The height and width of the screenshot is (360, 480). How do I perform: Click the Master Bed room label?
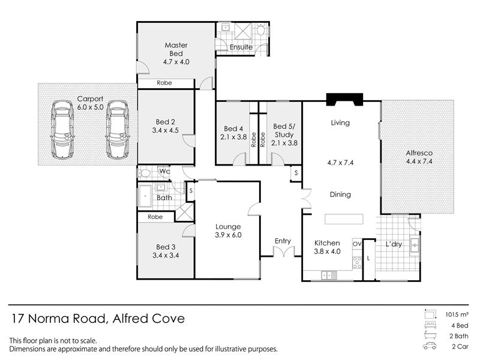click(x=176, y=49)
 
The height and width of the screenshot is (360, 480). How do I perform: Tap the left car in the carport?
click(x=62, y=130)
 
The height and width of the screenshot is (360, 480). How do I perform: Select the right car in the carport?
click(x=118, y=130)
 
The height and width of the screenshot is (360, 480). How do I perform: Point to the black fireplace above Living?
click(x=344, y=100)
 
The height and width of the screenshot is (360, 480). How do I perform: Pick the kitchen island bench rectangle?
click(x=344, y=219)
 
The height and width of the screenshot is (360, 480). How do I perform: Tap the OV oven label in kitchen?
click(x=357, y=244)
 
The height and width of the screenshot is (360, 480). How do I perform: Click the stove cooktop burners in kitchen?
click(x=357, y=263)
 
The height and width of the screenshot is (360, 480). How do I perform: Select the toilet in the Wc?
click(x=144, y=173)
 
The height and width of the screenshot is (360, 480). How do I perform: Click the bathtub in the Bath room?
click(x=145, y=196)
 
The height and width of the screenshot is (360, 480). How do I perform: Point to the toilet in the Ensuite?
click(x=261, y=29)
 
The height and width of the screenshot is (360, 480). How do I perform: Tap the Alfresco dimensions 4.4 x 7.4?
click(x=419, y=161)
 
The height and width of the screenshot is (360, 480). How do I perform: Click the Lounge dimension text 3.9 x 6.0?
click(x=228, y=235)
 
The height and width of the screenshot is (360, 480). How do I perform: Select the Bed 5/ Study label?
click(x=284, y=130)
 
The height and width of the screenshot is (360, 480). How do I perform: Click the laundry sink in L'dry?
click(x=415, y=245)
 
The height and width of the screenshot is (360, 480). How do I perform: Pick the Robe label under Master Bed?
click(x=164, y=83)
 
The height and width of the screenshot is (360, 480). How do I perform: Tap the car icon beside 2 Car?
click(x=430, y=346)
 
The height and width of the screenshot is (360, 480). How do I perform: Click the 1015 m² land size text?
click(x=457, y=314)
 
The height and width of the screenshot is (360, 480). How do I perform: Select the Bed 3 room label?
click(x=166, y=247)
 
